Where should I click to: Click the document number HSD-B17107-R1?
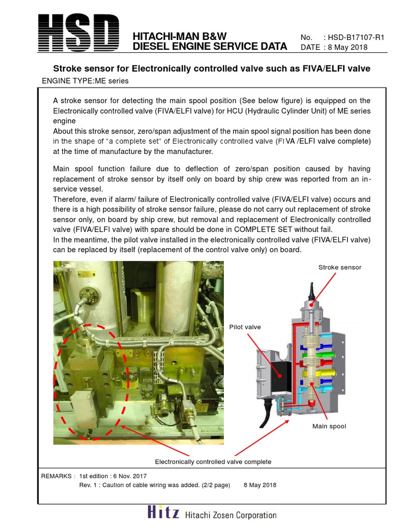point(356,37)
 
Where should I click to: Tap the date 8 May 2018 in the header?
point(345,47)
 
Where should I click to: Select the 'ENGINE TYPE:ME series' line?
point(84,81)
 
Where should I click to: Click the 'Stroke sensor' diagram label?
point(339,267)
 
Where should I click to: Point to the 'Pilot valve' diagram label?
point(245,327)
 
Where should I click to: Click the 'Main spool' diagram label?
point(329,426)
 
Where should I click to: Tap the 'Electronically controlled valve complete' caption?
point(213,462)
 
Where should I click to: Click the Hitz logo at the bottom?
point(163,513)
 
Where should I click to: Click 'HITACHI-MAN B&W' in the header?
point(180,36)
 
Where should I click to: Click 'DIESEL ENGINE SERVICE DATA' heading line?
point(210,47)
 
